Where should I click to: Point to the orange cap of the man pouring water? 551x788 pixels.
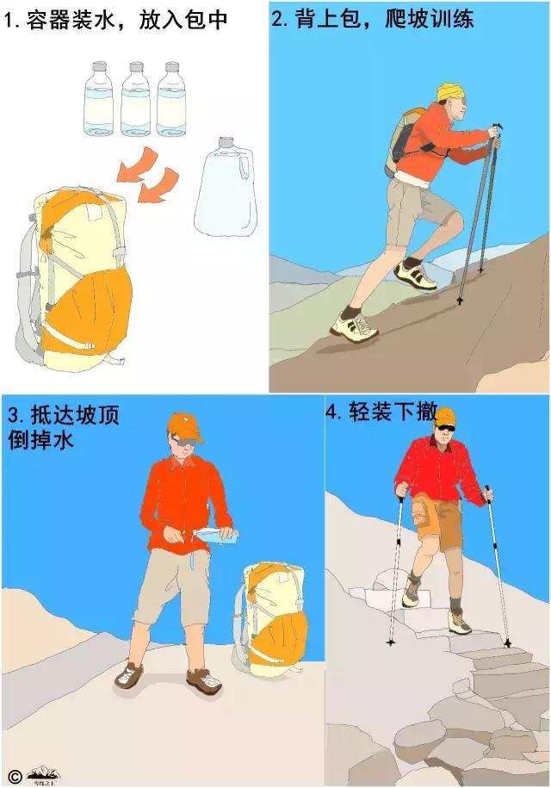pyautogui.click(x=185, y=425)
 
